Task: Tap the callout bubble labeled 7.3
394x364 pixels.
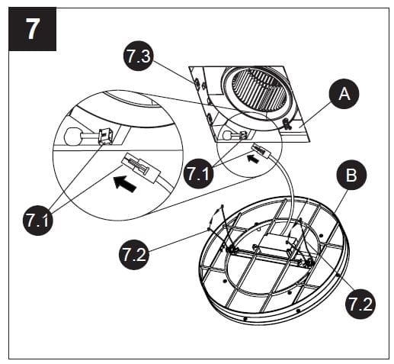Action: tap(139, 56)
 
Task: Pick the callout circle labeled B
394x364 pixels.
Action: tap(350, 176)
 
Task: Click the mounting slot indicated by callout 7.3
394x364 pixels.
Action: tap(197, 82)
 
